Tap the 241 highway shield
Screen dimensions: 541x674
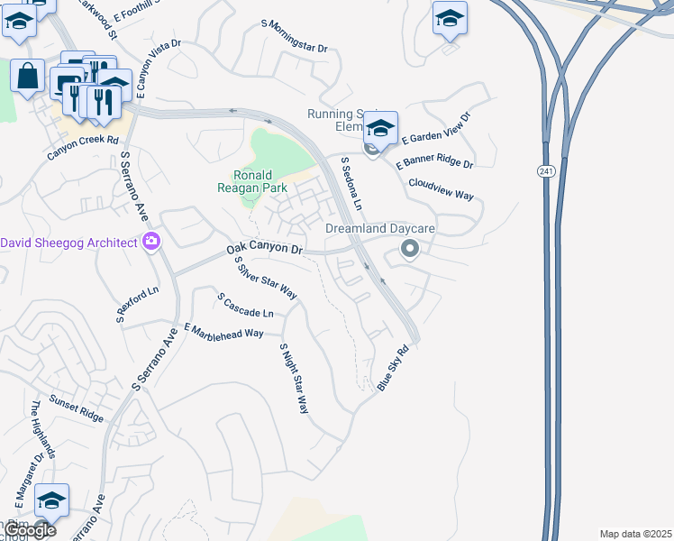click(546, 171)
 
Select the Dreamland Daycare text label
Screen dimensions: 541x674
click(393, 229)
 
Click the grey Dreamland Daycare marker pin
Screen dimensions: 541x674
click(410, 248)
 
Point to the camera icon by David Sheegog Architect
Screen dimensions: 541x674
click(151, 242)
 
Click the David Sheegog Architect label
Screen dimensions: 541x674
click(68, 243)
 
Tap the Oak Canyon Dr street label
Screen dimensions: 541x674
click(265, 248)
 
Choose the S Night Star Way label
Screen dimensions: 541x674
click(295, 378)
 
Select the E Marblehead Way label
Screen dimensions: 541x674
click(223, 331)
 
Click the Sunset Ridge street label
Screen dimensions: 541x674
click(77, 408)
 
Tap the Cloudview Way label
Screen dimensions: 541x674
click(441, 188)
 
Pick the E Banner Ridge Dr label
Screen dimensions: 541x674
click(436, 163)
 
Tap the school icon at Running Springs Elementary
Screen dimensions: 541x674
click(381, 128)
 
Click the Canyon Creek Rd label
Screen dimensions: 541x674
click(83, 147)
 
